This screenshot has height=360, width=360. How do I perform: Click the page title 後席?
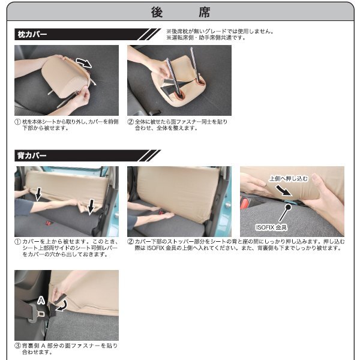(x=181, y=12)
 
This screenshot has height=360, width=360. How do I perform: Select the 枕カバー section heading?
(x=32, y=34)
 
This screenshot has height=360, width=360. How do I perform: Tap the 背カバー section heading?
(x=32, y=155)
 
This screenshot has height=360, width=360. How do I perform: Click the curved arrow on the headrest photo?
(x=84, y=62)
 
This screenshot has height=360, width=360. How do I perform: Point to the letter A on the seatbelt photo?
(x=41, y=300)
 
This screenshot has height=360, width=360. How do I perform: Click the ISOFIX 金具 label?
(x=271, y=227)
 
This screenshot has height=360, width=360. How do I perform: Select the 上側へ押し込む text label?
(x=289, y=178)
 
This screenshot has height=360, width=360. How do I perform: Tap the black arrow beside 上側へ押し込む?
(x=284, y=191)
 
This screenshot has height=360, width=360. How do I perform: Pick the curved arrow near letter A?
(x=62, y=306)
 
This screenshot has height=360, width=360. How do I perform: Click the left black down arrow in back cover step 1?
(x=38, y=194)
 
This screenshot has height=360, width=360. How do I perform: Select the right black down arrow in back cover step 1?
(x=91, y=206)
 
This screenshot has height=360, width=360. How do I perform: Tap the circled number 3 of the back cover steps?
(x=17, y=346)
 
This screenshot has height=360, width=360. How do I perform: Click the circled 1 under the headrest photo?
(x=17, y=122)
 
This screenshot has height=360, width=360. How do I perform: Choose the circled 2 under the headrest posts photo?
(x=130, y=122)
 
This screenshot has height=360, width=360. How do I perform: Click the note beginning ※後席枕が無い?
(x=220, y=31)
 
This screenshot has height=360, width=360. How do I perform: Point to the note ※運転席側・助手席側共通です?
(x=206, y=38)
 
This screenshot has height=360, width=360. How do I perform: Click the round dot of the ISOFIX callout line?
(x=288, y=208)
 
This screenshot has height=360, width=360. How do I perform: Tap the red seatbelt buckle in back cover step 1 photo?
(x=49, y=223)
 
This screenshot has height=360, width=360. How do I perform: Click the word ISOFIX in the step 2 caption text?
(x=155, y=248)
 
